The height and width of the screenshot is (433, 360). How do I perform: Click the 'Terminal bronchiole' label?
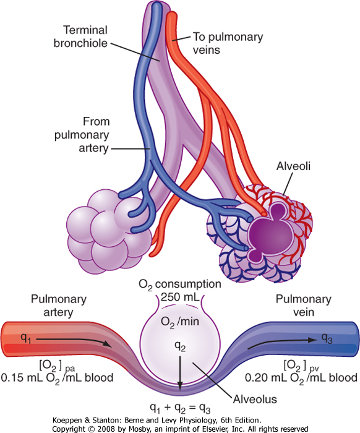click(80, 36)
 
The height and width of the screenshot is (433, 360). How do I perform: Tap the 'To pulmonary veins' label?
click(228, 43)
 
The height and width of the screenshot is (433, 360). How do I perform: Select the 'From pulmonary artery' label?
click(82, 135)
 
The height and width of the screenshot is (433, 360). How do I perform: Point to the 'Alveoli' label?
click(293, 166)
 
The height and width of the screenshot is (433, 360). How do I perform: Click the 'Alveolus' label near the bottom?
click(255, 400)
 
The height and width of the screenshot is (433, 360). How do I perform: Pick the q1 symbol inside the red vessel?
click(26, 338)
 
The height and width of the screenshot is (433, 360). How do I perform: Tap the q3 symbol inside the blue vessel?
click(327, 338)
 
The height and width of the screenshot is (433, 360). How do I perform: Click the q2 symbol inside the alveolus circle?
click(180, 346)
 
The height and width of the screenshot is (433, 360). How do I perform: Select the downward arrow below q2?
click(180, 373)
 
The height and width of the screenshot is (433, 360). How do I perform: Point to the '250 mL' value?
click(180, 297)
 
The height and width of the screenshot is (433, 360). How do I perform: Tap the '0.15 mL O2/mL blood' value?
click(57, 378)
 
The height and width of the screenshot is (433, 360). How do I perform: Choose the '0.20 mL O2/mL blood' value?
click(301, 378)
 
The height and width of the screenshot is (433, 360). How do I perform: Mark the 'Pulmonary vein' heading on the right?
click(304, 306)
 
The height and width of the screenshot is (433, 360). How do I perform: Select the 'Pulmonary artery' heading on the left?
click(59, 306)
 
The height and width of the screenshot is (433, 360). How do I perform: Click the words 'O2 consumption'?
click(180, 285)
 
